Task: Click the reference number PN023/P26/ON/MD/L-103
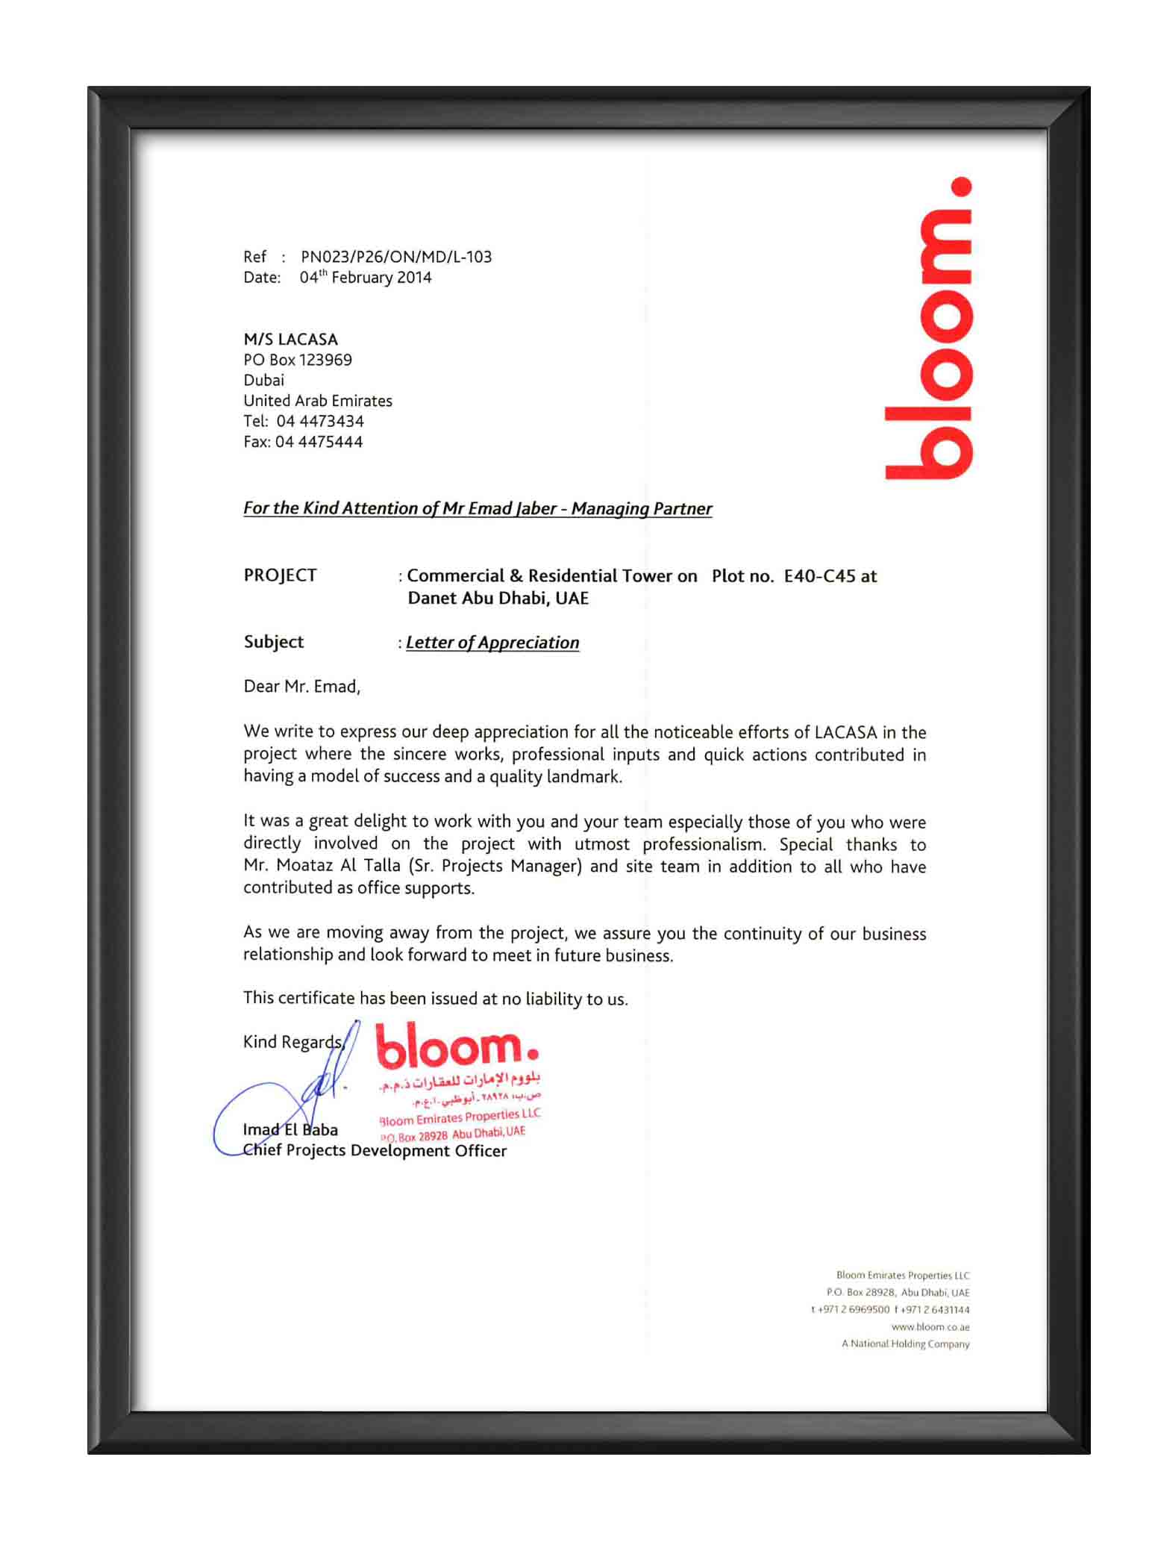pos(396,257)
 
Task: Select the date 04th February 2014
pos(366,278)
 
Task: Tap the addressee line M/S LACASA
pos(290,340)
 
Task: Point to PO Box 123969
pos(298,360)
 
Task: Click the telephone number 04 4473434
pos(320,421)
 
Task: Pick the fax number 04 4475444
pos(319,442)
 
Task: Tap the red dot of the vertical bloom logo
pos(962,187)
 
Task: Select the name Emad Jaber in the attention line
pos(512,508)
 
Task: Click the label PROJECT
pos(280,575)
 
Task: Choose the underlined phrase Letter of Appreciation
pos(492,643)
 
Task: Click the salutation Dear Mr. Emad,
pos(301,687)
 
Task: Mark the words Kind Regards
pos(292,1042)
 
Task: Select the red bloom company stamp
pos(458,1082)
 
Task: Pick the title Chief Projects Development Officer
pos(375,1151)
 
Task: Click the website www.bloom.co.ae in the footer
pos(930,1327)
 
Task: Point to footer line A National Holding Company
pos(905,1344)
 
